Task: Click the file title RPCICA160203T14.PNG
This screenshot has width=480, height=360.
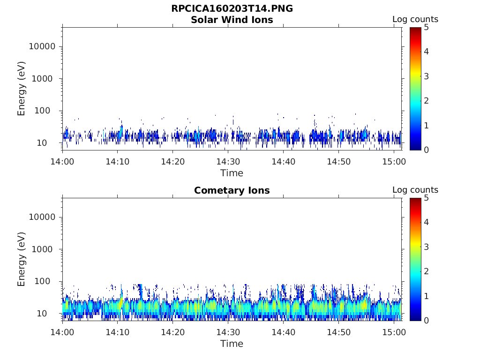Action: coord(232,8)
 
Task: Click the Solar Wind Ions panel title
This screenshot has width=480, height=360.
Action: coord(232,20)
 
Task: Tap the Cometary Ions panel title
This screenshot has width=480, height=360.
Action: coord(232,190)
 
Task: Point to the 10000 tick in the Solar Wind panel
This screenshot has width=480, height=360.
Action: coord(42,46)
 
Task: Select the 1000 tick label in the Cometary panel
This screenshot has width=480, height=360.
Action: coord(42,249)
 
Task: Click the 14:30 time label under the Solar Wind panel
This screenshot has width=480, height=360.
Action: coord(228,162)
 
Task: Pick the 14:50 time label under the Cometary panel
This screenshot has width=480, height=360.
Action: coord(338,332)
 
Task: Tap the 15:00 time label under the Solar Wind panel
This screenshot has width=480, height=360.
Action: coord(394,162)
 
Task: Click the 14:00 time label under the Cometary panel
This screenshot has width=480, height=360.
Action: coord(62,332)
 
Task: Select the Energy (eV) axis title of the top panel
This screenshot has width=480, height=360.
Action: coord(21,89)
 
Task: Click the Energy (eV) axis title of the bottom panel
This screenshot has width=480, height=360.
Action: coord(21,259)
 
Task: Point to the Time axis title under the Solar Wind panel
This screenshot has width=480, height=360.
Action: coord(232,173)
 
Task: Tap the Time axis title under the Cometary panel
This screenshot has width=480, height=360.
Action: coord(232,344)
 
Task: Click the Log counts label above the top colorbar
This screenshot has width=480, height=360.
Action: coord(415,19)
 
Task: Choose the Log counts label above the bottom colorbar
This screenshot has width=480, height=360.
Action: coord(415,190)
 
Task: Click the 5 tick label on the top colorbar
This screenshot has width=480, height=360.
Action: coord(426,28)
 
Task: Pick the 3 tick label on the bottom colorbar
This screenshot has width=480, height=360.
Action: coord(426,247)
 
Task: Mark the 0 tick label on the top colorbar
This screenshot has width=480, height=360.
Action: coord(426,150)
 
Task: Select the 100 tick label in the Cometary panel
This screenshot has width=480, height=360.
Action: coord(42,281)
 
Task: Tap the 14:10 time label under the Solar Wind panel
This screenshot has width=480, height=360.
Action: coord(118,162)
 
